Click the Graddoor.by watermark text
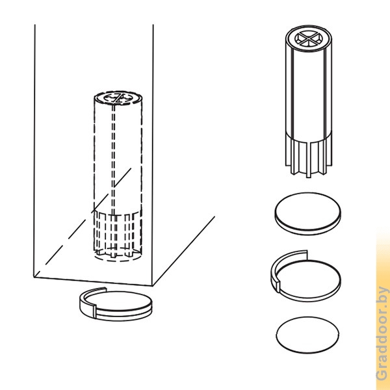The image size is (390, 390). (x=382, y=334)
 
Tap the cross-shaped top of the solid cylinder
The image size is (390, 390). (x=308, y=38)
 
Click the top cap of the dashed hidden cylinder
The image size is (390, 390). (x=118, y=97)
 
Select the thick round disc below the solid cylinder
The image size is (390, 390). (x=308, y=213)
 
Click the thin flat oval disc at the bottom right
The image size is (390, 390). (x=307, y=335)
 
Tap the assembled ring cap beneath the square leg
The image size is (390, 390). (x=116, y=304)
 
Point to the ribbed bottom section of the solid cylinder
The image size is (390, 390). (x=308, y=155)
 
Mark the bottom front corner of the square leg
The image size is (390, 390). (x=153, y=286)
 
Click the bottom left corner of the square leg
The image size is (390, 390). (x=34, y=277)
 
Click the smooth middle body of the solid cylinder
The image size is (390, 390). (x=308, y=93)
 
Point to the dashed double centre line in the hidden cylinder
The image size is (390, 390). (x=113, y=159)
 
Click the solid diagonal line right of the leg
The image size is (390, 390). (x=184, y=251)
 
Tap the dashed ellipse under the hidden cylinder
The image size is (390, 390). (x=118, y=256)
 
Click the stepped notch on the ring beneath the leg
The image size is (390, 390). (x=94, y=311)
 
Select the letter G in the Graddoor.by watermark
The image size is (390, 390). (x=382, y=374)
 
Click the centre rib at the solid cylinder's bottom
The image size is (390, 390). (x=308, y=160)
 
